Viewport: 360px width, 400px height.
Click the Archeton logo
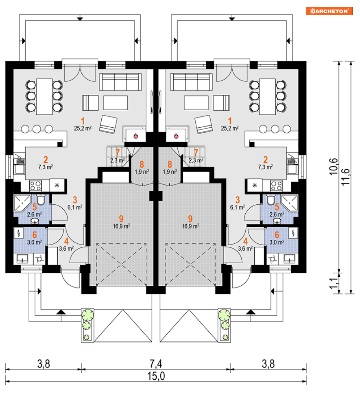pos(329,11)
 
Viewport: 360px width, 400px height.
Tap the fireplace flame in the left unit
pos(135,136)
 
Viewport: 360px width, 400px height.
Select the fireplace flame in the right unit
pos(176,136)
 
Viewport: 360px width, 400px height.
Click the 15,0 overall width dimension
pos(156,376)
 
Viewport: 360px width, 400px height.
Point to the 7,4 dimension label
pos(156,364)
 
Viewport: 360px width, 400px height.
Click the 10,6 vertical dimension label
pos(333,167)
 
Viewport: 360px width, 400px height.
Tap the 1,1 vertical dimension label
pos(333,284)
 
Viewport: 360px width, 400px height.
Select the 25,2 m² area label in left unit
pos(82,128)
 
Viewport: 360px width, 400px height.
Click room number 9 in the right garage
pos(190,218)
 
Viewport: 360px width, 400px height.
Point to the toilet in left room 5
pos(41,199)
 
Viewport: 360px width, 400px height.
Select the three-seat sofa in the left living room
pos(120,82)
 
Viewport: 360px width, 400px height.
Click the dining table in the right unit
pos(267,97)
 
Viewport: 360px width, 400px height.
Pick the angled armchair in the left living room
pos(108,124)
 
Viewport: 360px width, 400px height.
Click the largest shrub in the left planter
pos(88,315)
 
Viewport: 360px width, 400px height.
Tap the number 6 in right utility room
pos(277,234)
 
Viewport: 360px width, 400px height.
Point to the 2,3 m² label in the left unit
pos(117,161)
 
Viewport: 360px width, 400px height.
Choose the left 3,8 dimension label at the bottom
pos(44,364)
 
